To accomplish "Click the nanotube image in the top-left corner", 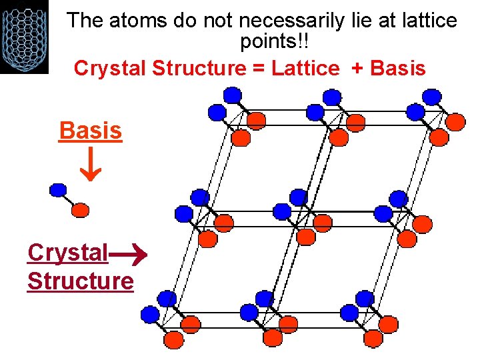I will click(24, 36).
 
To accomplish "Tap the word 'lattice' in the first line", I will click(425, 21).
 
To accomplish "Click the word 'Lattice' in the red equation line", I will click(305, 68).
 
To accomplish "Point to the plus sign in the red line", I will click(357, 68).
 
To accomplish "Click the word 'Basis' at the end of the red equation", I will click(397, 68).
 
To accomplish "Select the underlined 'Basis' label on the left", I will click(91, 131).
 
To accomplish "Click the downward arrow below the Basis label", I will click(90, 167).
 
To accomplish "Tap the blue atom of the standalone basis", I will click(59, 189).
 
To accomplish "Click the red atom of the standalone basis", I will click(80, 210).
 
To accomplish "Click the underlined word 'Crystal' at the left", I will click(67, 253).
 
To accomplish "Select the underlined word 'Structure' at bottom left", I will click(80, 281).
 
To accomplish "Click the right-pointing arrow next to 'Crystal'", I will click(127, 254).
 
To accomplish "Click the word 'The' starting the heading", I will click(85, 21).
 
